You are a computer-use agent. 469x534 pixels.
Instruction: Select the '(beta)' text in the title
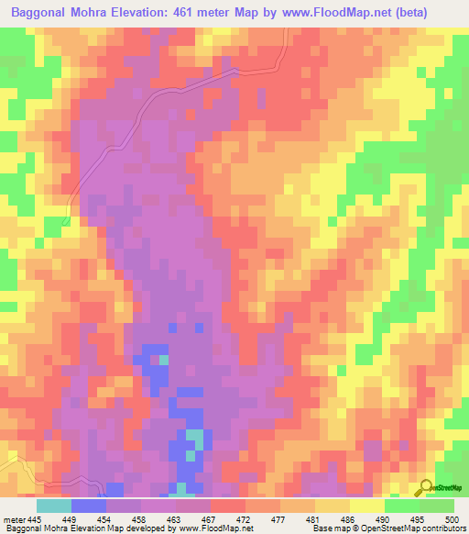point(439,14)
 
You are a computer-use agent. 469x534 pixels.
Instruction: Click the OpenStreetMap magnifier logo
point(425,487)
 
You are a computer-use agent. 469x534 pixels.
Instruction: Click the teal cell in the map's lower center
point(194,439)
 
